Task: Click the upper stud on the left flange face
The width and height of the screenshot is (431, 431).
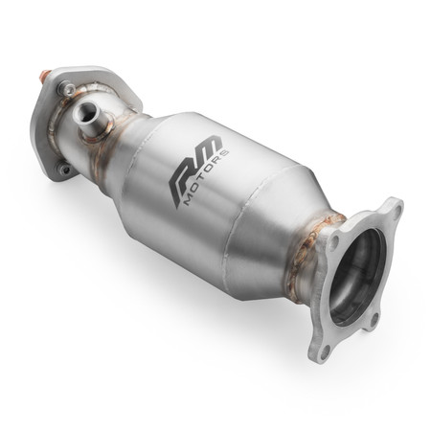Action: pyautogui.click(x=66, y=89)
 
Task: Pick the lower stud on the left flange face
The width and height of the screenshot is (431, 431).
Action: pyautogui.click(x=62, y=170)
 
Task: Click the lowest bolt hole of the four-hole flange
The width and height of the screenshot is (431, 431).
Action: pyautogui.click(x=324, y=352)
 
